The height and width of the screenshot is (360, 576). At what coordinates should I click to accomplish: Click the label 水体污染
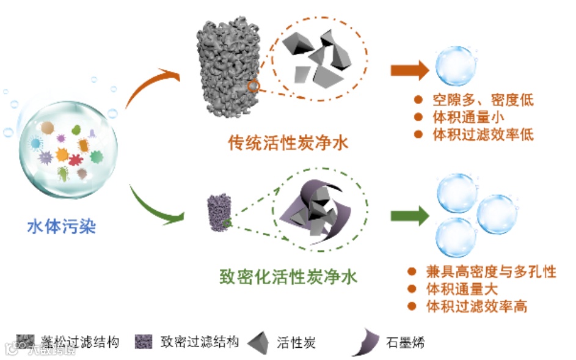click(62, 227)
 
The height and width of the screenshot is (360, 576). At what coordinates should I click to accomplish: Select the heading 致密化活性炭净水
click(288, 277)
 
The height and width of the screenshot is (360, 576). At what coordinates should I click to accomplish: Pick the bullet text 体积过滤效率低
click(483, 134)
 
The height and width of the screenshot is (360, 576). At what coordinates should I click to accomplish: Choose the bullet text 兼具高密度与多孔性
click(490, 271)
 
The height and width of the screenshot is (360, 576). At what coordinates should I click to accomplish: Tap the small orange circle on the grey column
click(252, 86)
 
